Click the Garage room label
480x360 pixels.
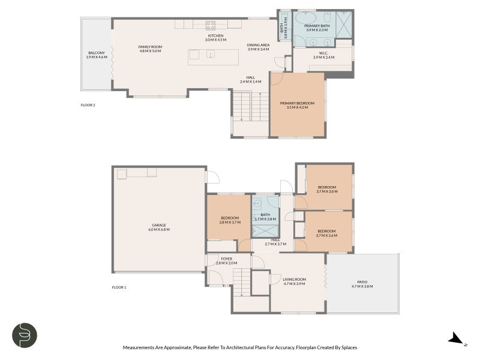160,226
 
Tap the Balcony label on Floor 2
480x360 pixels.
97,53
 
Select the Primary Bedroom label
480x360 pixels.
297,103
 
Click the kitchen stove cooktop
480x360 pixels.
211,25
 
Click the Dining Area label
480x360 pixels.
258,45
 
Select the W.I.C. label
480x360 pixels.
323,53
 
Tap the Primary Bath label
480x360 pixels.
316,26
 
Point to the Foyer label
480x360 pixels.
226,259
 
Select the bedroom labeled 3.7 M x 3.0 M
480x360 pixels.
327,187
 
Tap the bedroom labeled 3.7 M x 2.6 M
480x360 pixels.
326,231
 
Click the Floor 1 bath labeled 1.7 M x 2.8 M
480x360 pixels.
266,215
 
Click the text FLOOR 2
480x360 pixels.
88,105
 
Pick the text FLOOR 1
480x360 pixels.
119,287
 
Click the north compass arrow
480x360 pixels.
457,340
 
